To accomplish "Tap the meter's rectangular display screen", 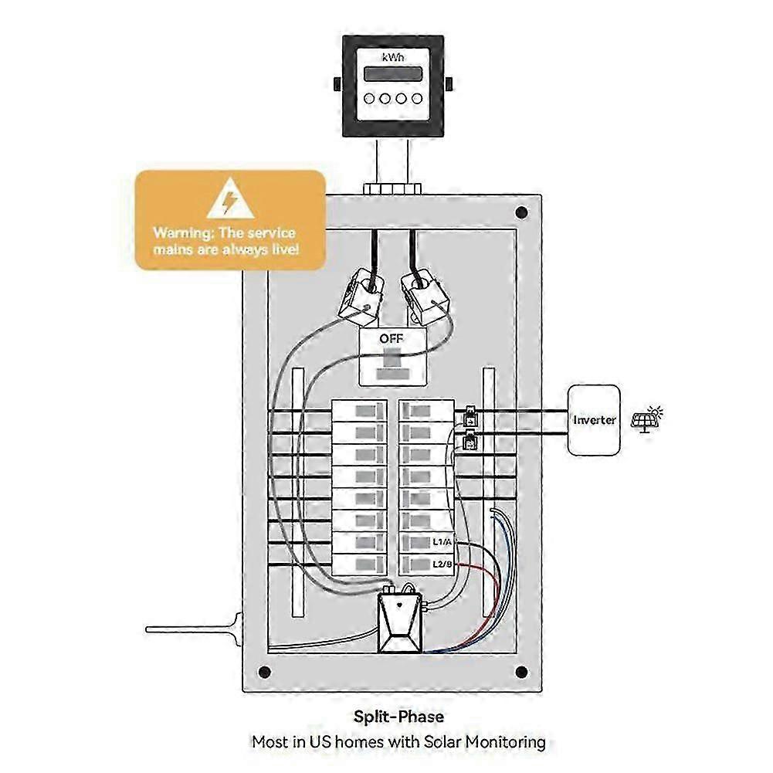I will [393, 74].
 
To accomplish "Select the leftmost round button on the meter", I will [370, 98].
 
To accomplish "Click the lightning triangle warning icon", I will [229, 201].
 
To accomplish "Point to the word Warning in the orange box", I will [180, 232].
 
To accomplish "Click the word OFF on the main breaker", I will [392, 339].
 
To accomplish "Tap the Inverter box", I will [594, 419].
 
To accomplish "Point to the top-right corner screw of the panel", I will [521, 212].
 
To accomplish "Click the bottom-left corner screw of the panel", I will [265, 671].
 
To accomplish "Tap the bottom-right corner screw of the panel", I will [521, 671].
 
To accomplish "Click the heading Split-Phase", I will [398, 717].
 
